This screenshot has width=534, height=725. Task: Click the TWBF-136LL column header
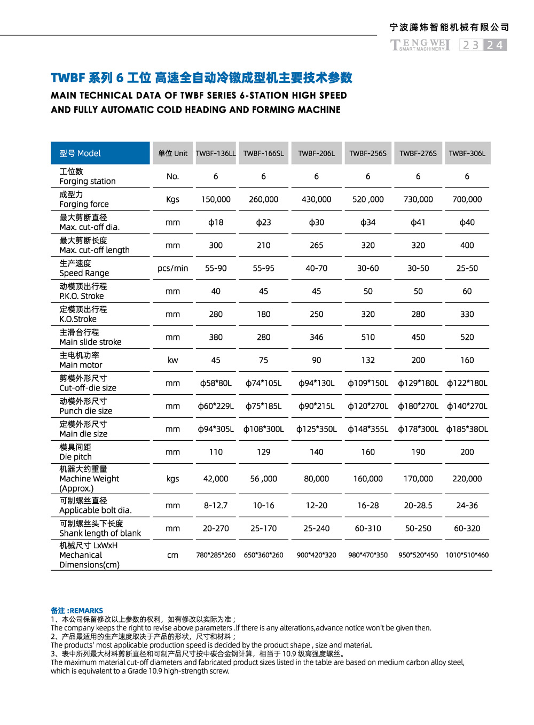pos(216,153)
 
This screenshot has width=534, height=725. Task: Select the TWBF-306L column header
pos(467,153)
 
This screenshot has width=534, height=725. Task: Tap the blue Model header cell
pos(100,153)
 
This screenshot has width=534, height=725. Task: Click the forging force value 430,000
pos(316,199)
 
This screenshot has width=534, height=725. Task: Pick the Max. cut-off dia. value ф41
pos(418,222)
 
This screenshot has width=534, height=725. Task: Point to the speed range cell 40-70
pos(316,268)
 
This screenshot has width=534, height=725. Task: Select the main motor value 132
pos(368,360)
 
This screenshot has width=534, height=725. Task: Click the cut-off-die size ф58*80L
pos(216,383)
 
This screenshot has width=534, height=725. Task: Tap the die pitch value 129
pos(263,452)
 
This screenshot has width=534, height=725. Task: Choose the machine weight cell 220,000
pos(467,479)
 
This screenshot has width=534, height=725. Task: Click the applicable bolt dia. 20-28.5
pos(418,505)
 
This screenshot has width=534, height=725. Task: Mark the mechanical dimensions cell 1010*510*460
pos(467,555)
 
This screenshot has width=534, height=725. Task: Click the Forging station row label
pos(87,176)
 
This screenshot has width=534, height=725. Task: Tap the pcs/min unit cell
pos(172,268)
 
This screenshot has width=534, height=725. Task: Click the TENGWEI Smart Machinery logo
pos(420,45)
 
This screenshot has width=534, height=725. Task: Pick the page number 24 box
pos(495,45)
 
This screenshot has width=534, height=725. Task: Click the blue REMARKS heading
pos(77,610)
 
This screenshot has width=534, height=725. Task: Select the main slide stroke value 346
pos(316,337)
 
